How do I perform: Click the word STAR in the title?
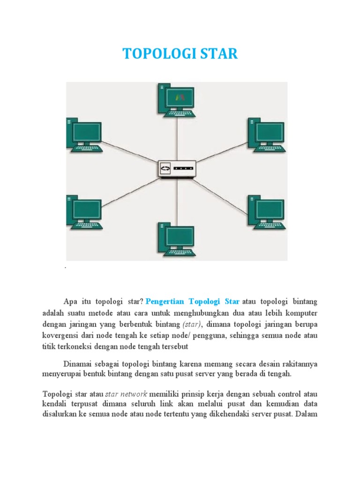coord(219,54)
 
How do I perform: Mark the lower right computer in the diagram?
coord(266,210)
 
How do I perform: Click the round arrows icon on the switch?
coord(165,168)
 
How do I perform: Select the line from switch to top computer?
coord(177,138)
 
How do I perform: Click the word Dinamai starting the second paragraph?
coord(78,364)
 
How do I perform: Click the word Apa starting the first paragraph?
coord(70,300)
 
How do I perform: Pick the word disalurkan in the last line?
coord(60,415)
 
